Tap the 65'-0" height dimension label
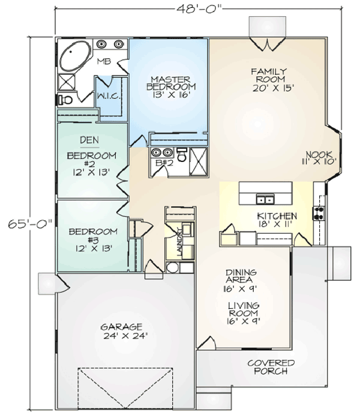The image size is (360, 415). (x=30, y=224)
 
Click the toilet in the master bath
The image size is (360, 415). (x=65, y=100)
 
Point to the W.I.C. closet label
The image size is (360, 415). (x=109, y=96)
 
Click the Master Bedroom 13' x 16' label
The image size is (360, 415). (x=171, y=87)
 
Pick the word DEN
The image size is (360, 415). (x=89, y=140)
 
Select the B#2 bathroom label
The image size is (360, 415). (x=164, y=163)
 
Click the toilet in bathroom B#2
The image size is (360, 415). (x=182, y=155)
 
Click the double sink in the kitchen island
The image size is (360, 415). (x=265, y=199)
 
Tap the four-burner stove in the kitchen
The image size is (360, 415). (x=319, y=213)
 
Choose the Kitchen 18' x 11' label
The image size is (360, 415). (x=277, y=219)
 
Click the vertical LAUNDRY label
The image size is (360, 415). (x=180, y=242)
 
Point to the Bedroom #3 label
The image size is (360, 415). (x=93, y=240)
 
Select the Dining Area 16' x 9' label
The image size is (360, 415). (x=241, y=281)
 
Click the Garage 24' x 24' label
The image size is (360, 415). (x=125, y=331)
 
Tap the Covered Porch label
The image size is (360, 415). (x=271, y=367)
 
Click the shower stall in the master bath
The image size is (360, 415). (x=67, y=82)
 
